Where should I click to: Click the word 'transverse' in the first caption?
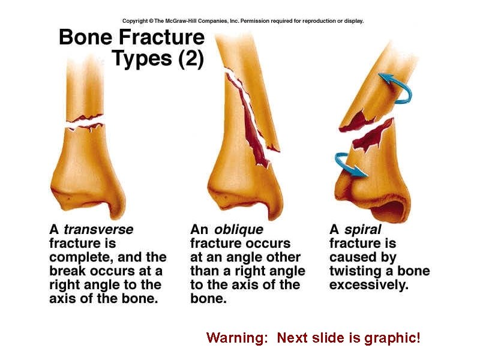98,229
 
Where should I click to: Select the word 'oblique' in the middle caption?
239,229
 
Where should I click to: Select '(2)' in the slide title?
187,60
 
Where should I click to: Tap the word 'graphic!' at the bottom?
393,338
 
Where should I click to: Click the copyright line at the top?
242,21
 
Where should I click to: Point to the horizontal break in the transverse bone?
84,124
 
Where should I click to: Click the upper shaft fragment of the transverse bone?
84,90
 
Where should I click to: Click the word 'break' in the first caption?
68,271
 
